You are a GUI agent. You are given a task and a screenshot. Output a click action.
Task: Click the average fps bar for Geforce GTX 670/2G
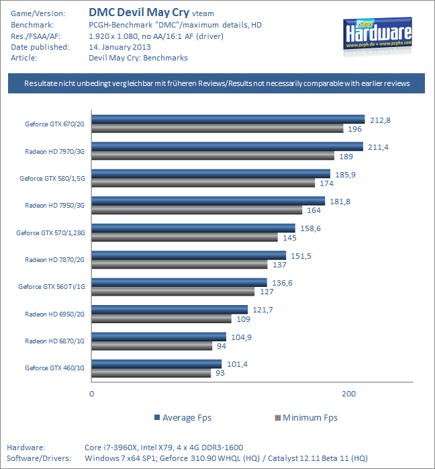click(228, 120)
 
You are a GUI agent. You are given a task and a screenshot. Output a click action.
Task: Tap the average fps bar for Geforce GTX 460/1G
click(156, 364)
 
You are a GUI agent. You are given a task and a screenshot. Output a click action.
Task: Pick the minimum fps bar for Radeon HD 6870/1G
click(152, 346)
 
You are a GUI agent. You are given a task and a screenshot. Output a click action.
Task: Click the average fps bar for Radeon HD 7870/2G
click(189, 255)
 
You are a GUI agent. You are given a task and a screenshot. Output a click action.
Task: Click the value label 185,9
click(345, 174)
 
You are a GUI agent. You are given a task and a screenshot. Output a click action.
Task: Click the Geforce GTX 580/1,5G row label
click(53, 178)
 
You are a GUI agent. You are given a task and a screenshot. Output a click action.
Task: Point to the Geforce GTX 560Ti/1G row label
click(53, 287)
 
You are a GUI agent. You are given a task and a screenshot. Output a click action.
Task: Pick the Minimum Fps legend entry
click(305, 417)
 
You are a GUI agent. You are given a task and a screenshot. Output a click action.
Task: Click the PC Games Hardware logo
click(381, 36)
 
